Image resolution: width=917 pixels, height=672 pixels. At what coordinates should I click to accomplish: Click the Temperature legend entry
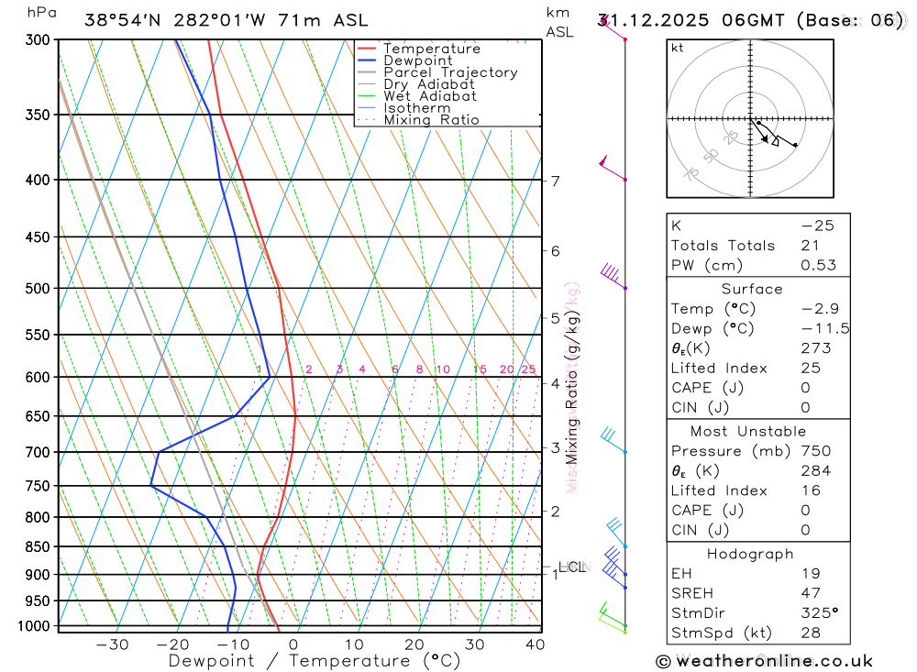(x=431, y=49)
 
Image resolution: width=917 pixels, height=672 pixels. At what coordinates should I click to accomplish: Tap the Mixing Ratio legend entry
(x=431, y=120)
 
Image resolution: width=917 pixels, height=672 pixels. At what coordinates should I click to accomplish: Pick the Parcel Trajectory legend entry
(x=450, y=72)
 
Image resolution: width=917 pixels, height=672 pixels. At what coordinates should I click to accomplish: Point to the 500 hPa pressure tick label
(x=38, y=289)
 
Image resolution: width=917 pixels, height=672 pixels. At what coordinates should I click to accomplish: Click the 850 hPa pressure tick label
(x=38, y=547)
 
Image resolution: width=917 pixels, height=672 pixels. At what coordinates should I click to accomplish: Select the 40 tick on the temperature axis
(x=535, y=644)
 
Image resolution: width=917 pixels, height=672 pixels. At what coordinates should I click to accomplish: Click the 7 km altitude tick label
(x=556, y=181)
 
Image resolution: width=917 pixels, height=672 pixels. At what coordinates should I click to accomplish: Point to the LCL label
(x=571, y=567)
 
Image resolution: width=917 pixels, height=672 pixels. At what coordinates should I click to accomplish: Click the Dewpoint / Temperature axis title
(x=315, y=661)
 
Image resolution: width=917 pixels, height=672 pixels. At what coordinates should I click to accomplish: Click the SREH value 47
(x=811, y=593)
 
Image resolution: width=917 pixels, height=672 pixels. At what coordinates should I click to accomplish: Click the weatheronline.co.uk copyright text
(x=764, y=661)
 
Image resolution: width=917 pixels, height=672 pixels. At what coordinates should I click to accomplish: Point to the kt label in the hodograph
(x=678, y=48)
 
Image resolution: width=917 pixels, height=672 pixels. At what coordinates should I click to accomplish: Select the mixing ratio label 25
(x=528, y=369)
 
